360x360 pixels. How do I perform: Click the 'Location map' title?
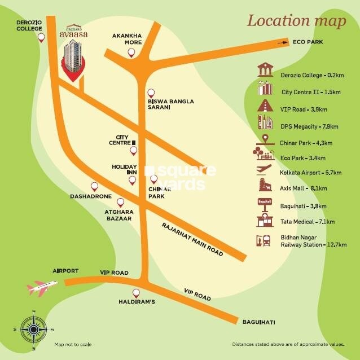click(x=296, y=21)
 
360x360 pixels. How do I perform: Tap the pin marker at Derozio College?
click(x=41, y=38)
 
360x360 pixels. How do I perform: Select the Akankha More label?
click(x=125, y=37)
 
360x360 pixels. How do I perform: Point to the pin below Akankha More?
click(x=131, y=52)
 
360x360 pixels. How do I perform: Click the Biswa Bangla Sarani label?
click(x=170, y=105)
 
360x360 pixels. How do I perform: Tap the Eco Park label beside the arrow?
click(x=305, y=42)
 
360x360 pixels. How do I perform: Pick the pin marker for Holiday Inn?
click(x=132, y=181)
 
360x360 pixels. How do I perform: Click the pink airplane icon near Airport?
click(x=40, y=288)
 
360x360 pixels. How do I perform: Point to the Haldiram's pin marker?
click(x=135, y=293)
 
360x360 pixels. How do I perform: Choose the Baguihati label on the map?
click(x=258, y=322)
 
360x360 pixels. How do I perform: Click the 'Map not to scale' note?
click(x=73, y=344)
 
